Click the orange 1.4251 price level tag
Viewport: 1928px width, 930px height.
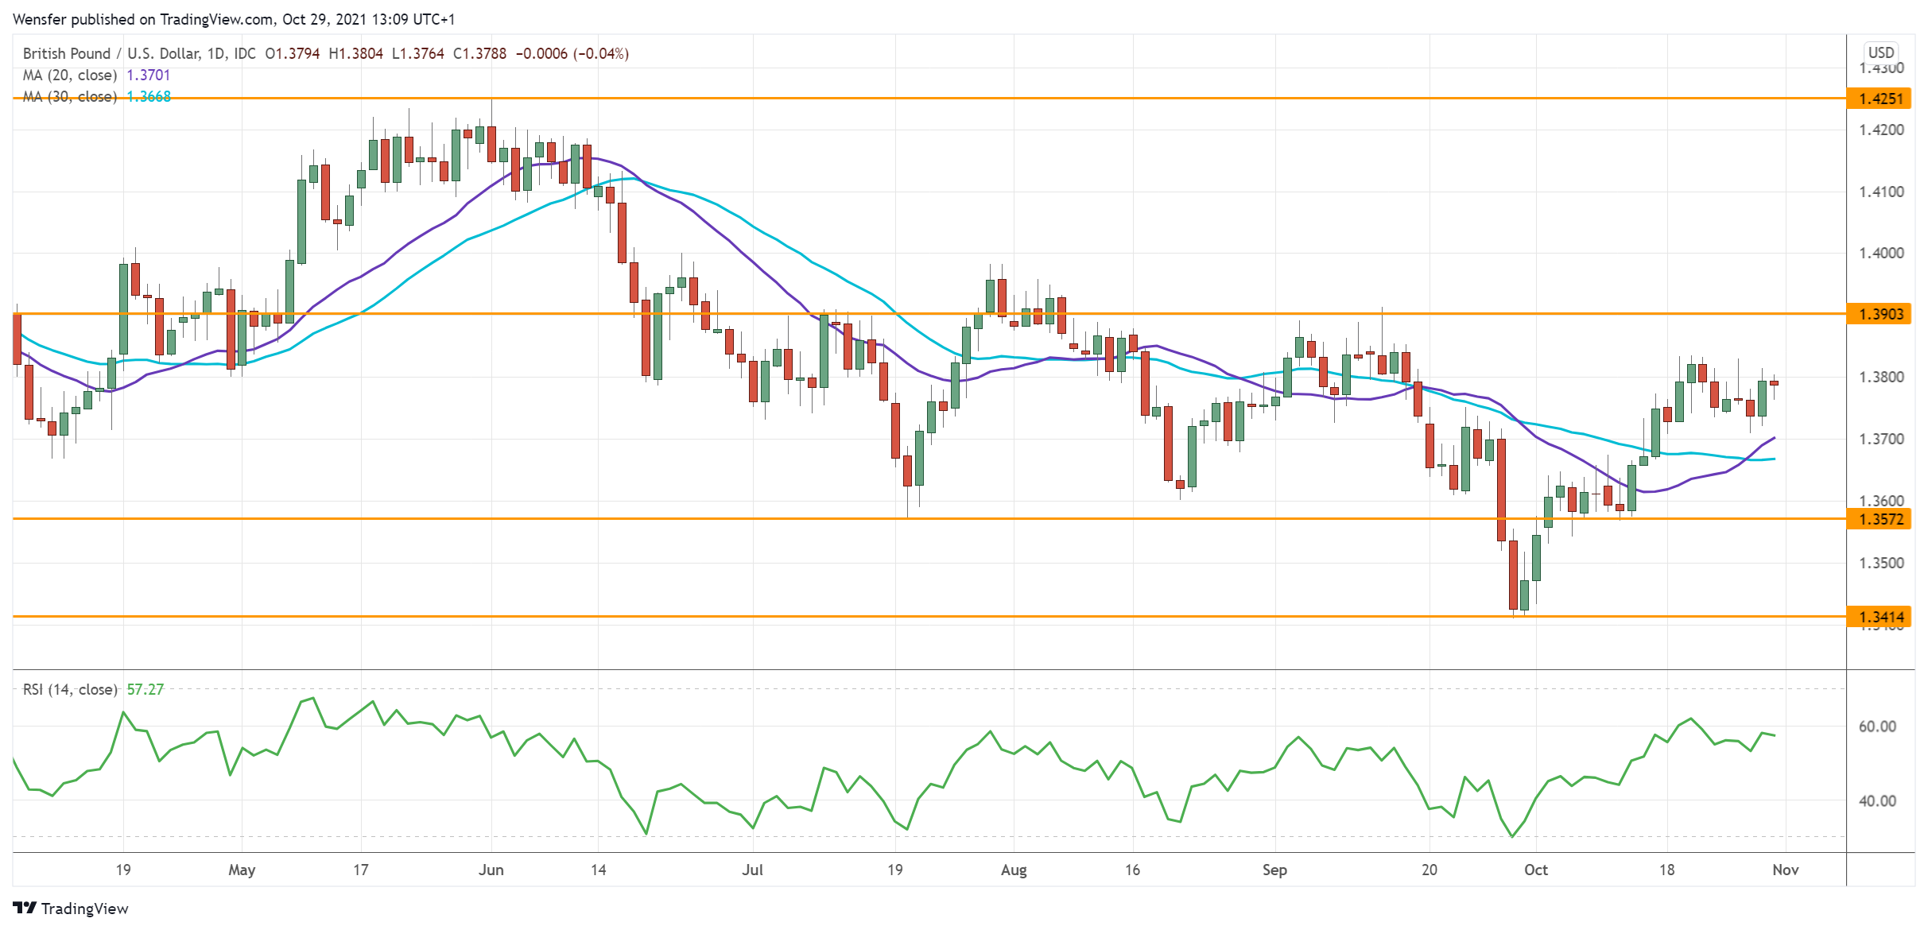tap(1880, 99)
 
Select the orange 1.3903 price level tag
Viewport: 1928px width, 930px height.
tap(1880, 314)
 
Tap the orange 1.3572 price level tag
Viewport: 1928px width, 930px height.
tap(1880, 519)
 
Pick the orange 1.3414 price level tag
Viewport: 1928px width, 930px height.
tap(1880, 617)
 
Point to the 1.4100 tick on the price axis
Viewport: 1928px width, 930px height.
tap(1881, 192)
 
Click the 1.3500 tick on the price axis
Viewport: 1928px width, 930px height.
tap(1881, 563)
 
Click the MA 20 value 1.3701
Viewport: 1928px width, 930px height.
tap(149, 75)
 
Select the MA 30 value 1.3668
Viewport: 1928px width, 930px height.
tap(149, 96)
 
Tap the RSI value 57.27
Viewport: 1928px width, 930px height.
tap(145, 689)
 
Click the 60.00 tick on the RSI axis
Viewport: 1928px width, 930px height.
tap(1877, 727)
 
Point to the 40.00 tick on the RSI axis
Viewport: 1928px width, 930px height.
tap(1877, 801)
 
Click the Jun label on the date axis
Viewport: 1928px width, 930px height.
tap(491, 870)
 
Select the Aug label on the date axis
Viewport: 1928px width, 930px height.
tap(1014, 870)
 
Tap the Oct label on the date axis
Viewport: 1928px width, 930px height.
tap(1536, 870)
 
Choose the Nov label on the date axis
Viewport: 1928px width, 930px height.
tap(1786, 870)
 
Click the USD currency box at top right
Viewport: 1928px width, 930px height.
tap(1881, 52)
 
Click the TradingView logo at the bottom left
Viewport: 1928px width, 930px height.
tap(71, 909)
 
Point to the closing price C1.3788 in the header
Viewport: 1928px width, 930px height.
tap(479, 53)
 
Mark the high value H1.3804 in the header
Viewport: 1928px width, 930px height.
tap(355, 53)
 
